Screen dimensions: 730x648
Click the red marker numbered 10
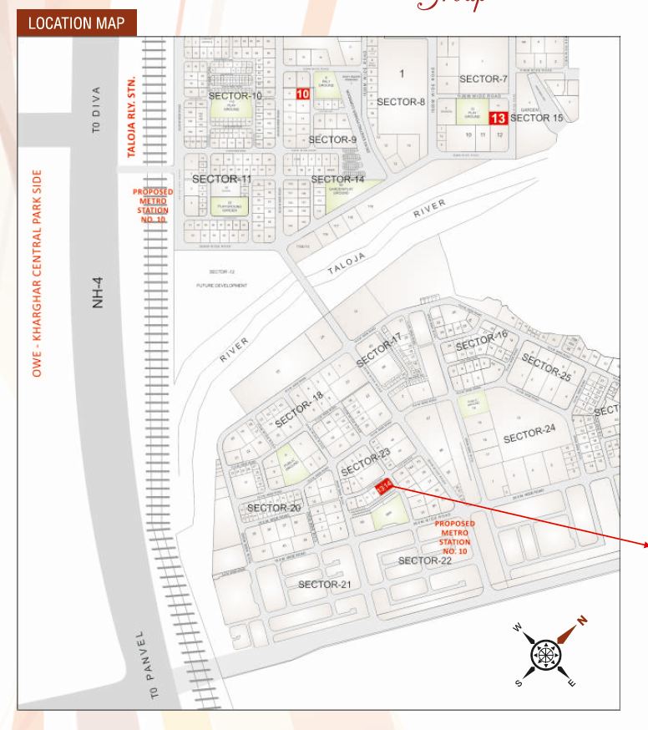tap(302, 94)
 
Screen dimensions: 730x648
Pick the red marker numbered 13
tap(499, 118)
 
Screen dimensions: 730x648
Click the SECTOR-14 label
tap(337, 179)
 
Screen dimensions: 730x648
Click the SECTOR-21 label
tap(325, 583)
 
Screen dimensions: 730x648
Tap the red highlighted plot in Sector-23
tap(384, 489)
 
